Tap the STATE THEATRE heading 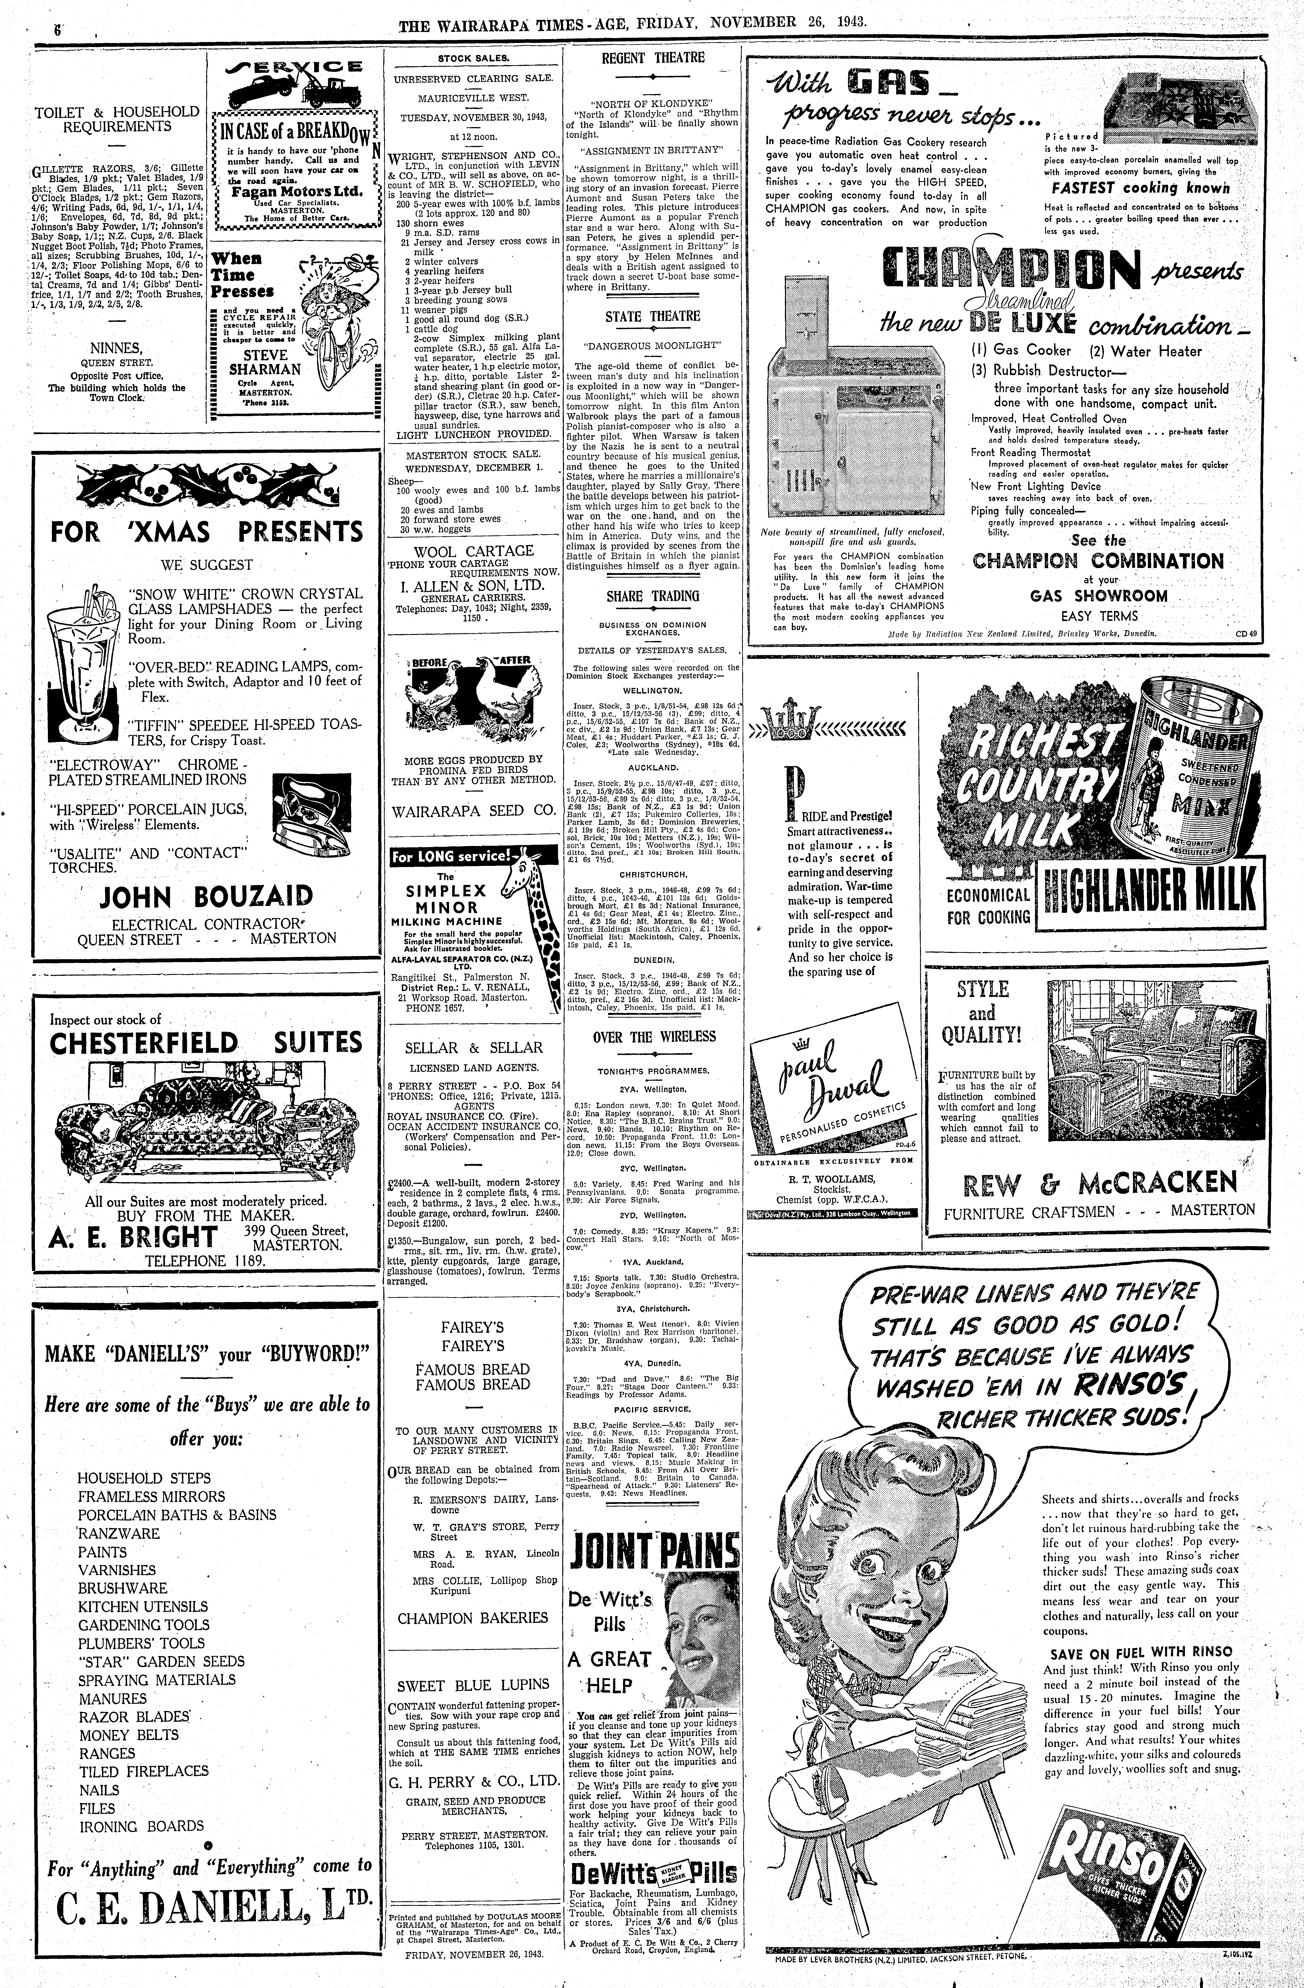tap(652, 317)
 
